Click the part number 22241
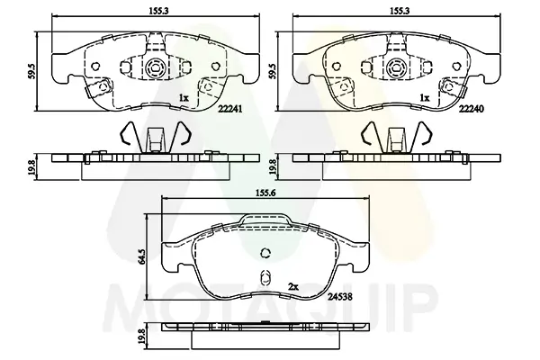[229, 109]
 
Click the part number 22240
[471, 109]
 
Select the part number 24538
[340, 296]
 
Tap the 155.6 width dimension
[265, 193]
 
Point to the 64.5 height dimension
[141, 256]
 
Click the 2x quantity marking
[292, 286]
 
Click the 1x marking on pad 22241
[184, 98]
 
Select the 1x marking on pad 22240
[425, 98]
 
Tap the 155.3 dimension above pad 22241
[158, 11]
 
